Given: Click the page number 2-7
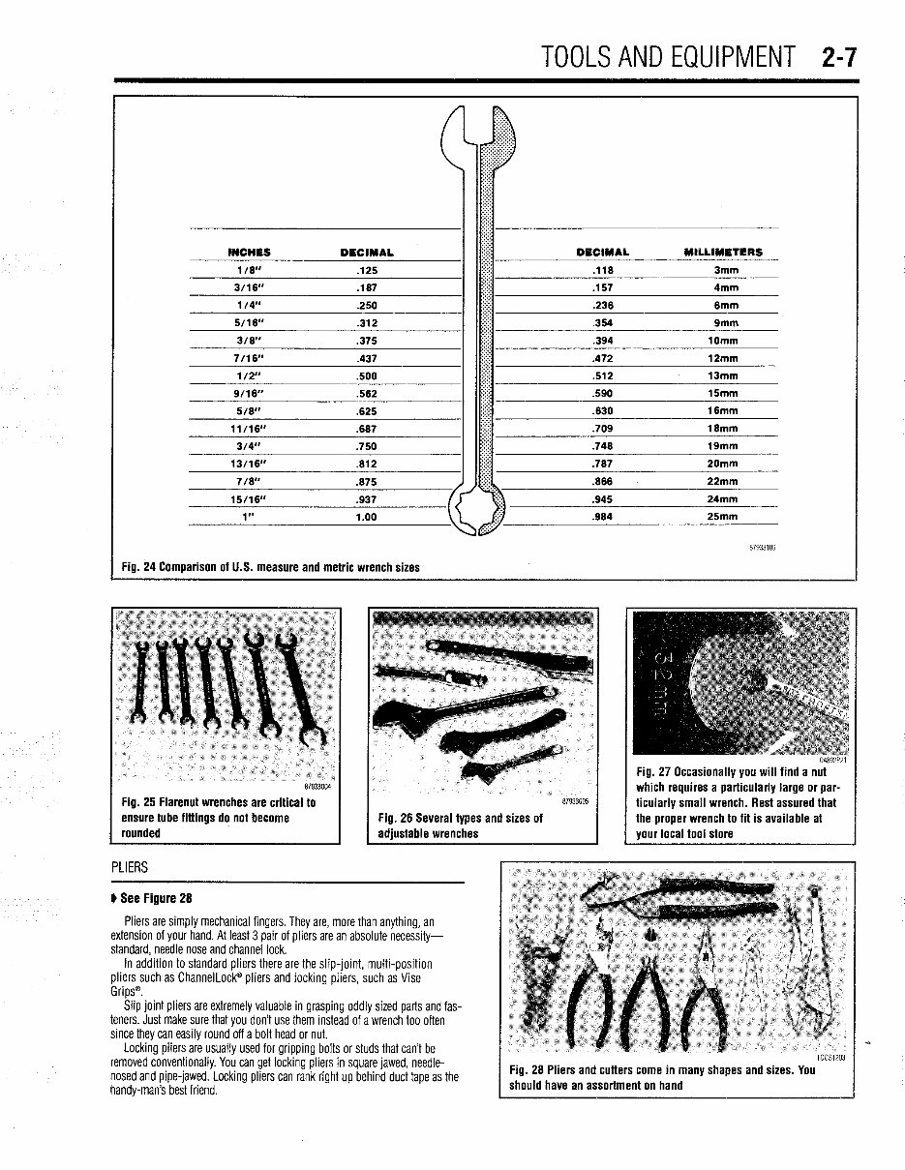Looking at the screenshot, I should click(839, 56).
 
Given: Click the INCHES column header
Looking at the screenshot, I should click(249, 253).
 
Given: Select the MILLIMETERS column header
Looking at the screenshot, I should click(722, 253).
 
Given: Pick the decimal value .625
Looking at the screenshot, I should click(366, 411).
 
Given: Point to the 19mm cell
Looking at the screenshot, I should click(722, 446).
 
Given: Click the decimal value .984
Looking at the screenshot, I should click(602, 517).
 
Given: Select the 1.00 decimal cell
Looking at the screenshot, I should click(366, 517).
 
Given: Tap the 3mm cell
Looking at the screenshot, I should click(725, 270).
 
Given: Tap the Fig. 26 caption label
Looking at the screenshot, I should click(395, 818).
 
